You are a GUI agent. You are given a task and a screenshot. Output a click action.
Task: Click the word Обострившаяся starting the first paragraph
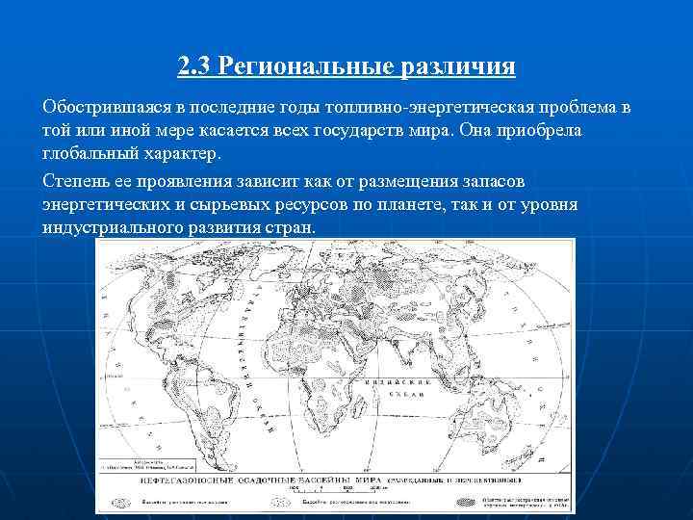(x=106, y=106)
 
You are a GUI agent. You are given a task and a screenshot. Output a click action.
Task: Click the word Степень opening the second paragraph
(x=76, y=181)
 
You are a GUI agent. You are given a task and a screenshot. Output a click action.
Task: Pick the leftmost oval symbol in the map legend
(x=124, y=502)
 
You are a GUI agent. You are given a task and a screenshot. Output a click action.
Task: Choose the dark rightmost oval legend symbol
(x=467, y=502)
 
